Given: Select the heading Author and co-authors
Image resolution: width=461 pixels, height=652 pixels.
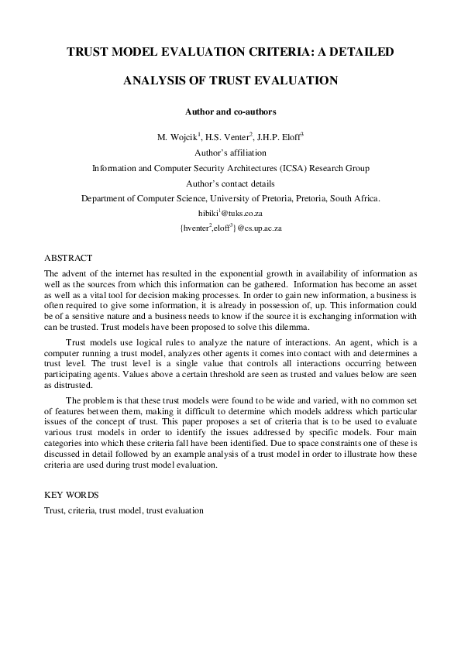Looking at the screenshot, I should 230,112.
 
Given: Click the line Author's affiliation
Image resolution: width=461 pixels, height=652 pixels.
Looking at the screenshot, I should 230,153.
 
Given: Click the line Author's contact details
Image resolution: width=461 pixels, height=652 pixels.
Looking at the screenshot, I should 230,184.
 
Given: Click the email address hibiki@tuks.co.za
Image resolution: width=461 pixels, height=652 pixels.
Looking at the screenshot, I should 231,213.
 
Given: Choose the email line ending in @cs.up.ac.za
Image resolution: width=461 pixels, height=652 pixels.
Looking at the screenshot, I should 230,228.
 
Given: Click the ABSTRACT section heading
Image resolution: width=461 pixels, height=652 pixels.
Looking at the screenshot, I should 68,258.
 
